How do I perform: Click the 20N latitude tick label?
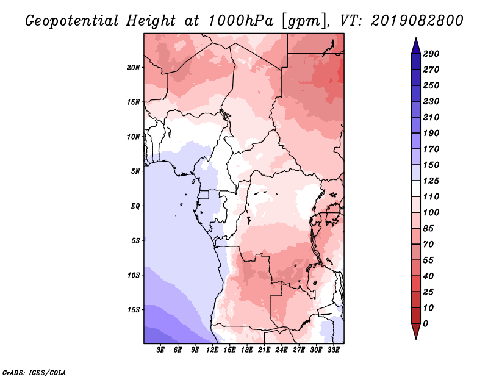(x=134, y=68)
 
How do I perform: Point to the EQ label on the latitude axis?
(x=135, y=206)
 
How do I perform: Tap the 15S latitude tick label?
(x=134, y=310)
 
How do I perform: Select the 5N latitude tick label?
(x=135, y=171)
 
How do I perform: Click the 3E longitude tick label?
(x=160, y=350)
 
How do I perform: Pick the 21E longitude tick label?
(x=264, y=350)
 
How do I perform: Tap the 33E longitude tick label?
(x=333, y=350)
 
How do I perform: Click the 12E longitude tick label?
(x=212, y=350)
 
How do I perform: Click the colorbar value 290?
(x=431, y=54)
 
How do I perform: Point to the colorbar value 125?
(x=431, y=181)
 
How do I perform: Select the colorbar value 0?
(x=425, y=324)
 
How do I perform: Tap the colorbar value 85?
(x=428, y=229)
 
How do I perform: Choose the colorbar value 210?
(x=431, y=117)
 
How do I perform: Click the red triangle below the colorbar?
(x=416, y=331)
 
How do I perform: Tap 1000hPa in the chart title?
(x=240, y=21)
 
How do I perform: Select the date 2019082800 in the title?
(x=417, y=21)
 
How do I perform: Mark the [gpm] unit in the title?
(x=305, y=21)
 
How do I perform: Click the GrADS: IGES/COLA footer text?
(x=34, y=373)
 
